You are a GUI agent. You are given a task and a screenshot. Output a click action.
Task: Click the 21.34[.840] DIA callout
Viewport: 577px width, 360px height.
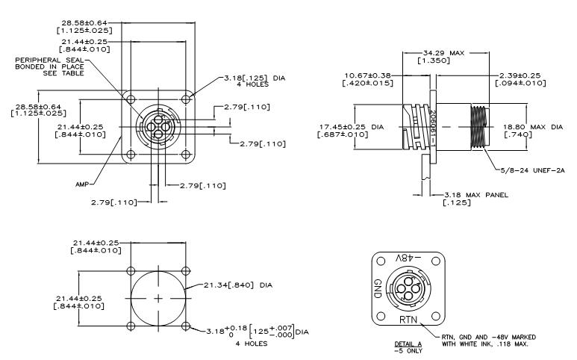point(237,285)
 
